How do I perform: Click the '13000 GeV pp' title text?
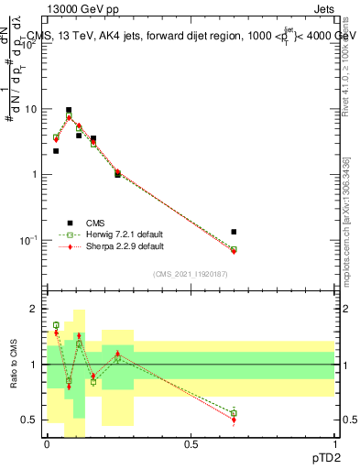pyautogui.click(x=81, y=9)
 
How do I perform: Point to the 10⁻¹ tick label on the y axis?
pyautogui.click(x=27, y=240)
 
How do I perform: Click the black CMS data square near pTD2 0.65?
pyautogui.click(x=234, y=232)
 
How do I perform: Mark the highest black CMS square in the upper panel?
pyautogui.click(x=69, y=110)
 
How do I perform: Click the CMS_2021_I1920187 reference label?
pyautogui.click(x=191, y=273)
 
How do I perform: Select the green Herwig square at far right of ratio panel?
pyautogui.click(x=234, y=413)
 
